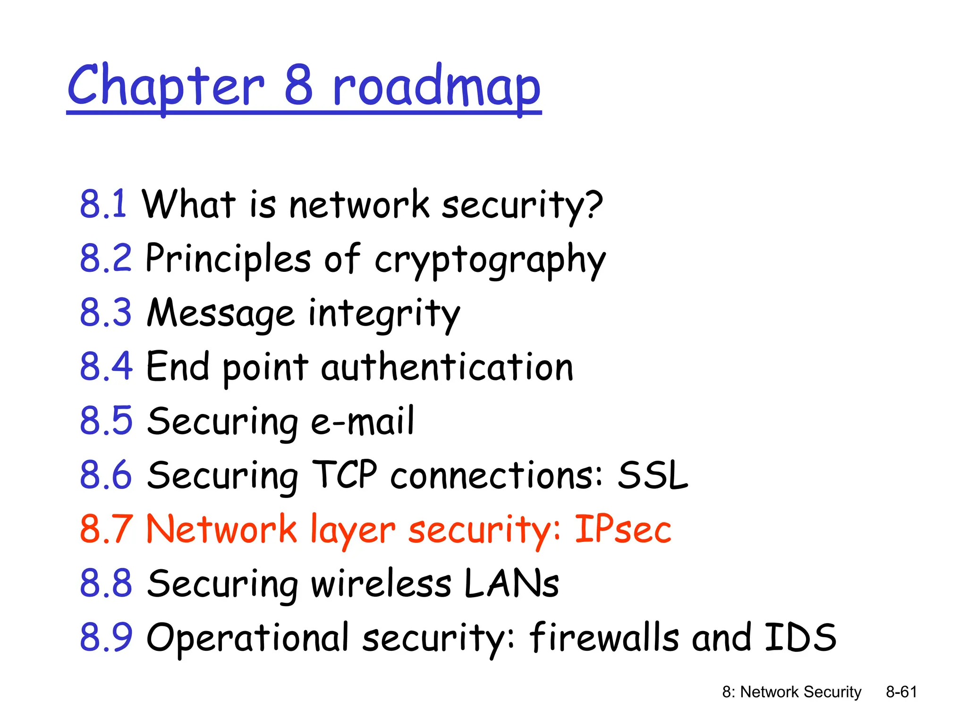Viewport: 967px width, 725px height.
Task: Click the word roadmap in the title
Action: (x=436, y=87)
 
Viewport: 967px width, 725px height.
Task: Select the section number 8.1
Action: (x=103, y=204)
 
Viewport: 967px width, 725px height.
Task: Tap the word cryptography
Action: (x=490, y=260)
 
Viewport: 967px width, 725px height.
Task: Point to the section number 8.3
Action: (x=106, y=313)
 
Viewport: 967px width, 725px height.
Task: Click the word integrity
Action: (x=384, y=314)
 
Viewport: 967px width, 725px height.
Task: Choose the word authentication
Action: (x=447, y=367)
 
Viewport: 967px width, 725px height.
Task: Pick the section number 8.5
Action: (x=106, y=421)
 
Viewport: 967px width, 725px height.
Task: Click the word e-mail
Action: (x=362, y=421)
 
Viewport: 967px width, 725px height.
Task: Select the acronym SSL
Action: (x=653, y=475)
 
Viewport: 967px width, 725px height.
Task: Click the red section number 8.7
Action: (x=106, y=529)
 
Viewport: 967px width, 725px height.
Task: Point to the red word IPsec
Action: (x=623, y=529)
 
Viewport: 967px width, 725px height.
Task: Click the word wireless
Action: (x=381, y=583)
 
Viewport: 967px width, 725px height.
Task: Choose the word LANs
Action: (x=511, y=583)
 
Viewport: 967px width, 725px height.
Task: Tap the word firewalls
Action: (x=604, y=637)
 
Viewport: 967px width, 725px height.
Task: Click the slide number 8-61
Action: (x=901, y=692)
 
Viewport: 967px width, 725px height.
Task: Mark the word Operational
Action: (x=248, y=638)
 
